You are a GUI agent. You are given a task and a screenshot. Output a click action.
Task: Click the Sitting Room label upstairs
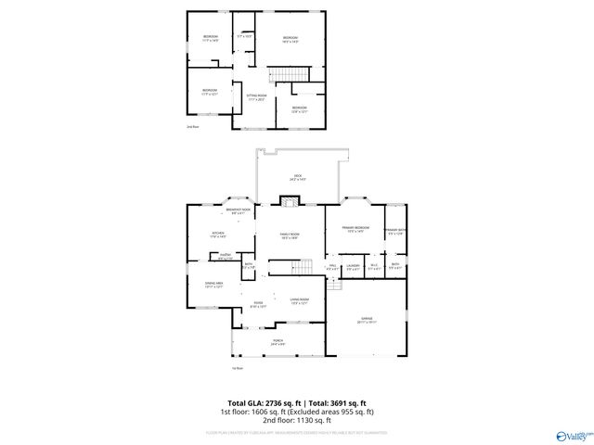(256, 97)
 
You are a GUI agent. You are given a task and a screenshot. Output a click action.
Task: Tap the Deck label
(298, 177)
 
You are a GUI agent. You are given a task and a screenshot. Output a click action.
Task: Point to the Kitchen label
(218, 235)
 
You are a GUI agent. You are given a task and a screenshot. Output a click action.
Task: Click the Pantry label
(225, 257)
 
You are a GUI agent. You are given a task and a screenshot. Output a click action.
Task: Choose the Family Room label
(291, 235)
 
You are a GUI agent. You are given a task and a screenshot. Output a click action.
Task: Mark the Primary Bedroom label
(355, 229)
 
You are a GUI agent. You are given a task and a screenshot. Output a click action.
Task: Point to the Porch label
(278, 342)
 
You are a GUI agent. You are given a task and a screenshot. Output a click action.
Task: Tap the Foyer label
(259, 304)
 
